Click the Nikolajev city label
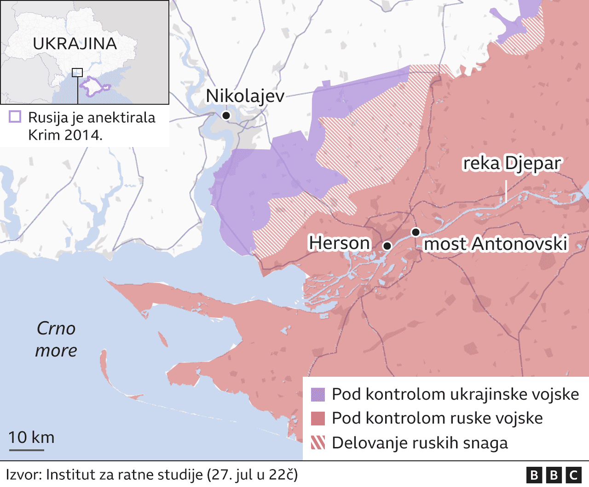coord(245,96)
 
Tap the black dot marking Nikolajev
coord(226,115)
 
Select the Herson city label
coord(339,243)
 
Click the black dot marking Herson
coord(387,246)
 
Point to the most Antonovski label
coord(496,244)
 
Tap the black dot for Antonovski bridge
coord(416,232)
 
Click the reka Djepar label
coord(512,164)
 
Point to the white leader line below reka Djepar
coord(506,192)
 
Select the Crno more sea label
coord(56,340)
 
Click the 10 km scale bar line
coord(26,450)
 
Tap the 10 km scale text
coord(31,437)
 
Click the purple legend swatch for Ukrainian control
coord(318,395)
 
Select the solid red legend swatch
coord(318,419)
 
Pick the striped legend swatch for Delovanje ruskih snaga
coord(318,443)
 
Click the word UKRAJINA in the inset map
coord(75,44)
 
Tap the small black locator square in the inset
coord(77,72)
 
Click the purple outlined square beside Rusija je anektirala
coord(15,117)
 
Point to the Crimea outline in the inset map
coord(94,87)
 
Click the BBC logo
coord(554,475)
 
